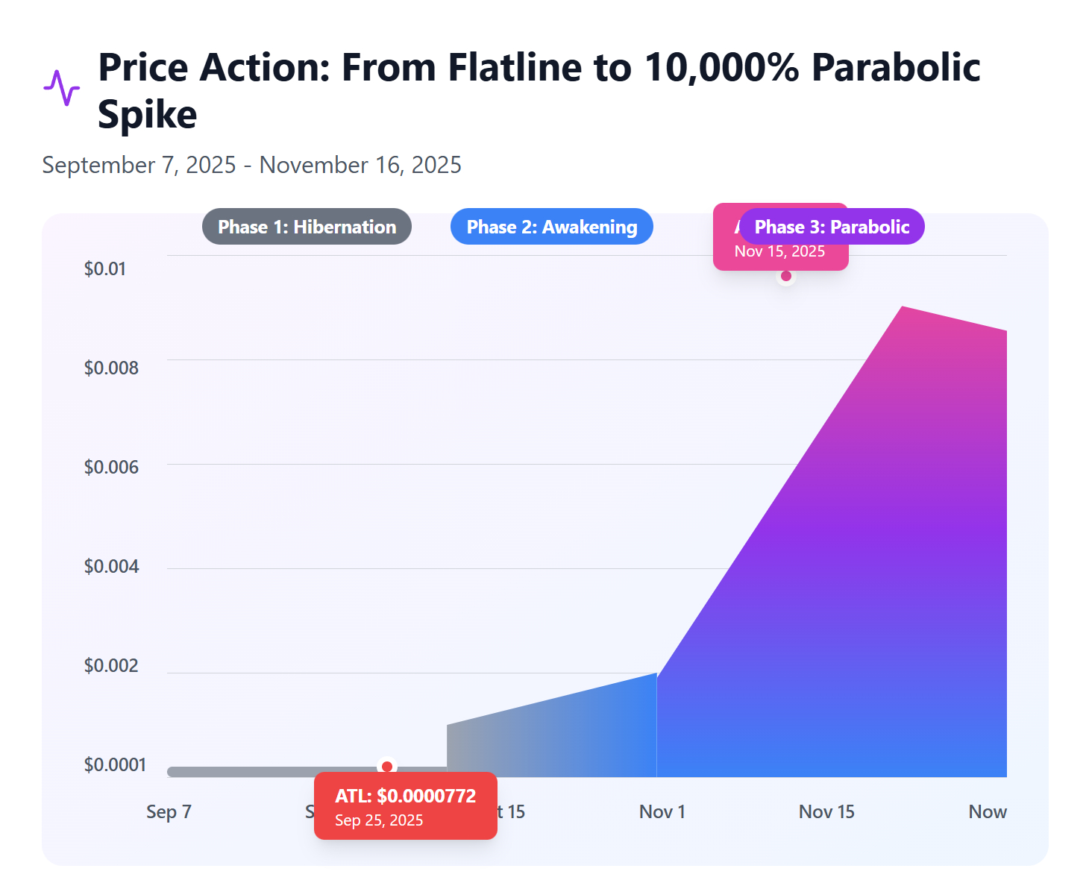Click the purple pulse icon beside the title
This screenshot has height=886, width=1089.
click(61, 88)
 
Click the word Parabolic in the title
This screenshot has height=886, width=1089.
click(895, 68)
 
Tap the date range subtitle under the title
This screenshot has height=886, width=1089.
click(251, 165)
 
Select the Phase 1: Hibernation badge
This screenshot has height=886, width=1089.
click(307, 227)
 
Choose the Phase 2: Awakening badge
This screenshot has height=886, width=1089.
click(551, 227)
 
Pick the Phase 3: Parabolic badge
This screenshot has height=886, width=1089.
click(832, 227)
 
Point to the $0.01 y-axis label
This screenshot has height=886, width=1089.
click(105, 268)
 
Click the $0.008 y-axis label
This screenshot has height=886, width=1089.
click(111, 368)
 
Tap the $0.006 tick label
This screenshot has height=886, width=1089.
click(111, 467)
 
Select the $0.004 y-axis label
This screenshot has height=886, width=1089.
click(111, 566)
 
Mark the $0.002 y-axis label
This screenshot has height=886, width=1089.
click(111, 665)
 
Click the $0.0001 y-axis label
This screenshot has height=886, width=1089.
click(115, 764)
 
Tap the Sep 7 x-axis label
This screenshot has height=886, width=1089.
click(169, 811)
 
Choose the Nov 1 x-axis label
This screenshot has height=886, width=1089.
click(662, 811)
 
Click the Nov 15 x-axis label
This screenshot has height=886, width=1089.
click(826, 811)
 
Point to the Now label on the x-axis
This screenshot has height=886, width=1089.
click(987, 811)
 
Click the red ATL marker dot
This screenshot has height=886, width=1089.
click(386, 766)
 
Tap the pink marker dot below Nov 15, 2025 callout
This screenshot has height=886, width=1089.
click(785, 276)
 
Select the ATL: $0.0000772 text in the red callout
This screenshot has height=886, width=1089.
click(405, 796)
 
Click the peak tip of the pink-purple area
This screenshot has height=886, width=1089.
click(903, 307)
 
